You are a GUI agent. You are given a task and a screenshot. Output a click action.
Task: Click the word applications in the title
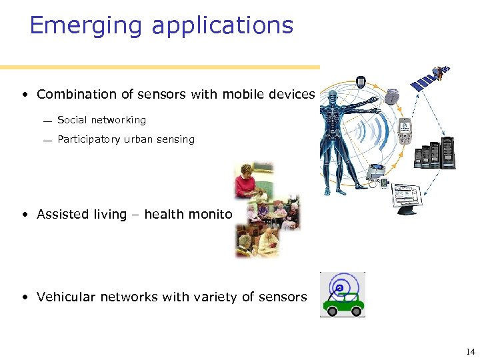click(x=223, y=26)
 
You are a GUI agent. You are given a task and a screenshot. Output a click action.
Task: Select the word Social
click(x=72, y=120)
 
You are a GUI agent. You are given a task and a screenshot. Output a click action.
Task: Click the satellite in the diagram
click(x=431, y=78)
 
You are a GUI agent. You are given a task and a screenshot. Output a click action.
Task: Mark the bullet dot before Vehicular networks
click(x=24, y=297)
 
